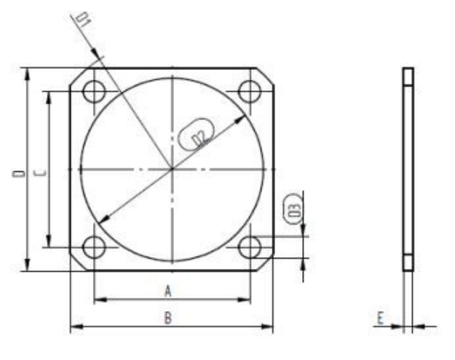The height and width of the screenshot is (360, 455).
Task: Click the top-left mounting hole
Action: point(94,92)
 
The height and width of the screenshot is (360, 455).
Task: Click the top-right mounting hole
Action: point(250,92)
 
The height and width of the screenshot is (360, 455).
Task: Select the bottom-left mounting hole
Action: point(94,247)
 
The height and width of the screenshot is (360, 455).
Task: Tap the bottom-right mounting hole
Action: point(250,247)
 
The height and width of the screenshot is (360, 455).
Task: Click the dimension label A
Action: point(168,291)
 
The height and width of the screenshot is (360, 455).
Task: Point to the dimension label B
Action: point(168,318)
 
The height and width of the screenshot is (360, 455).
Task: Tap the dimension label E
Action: point(380,318)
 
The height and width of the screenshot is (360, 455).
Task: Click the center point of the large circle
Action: point(172,169)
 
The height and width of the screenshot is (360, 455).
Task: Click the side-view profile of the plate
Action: point(408,169)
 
